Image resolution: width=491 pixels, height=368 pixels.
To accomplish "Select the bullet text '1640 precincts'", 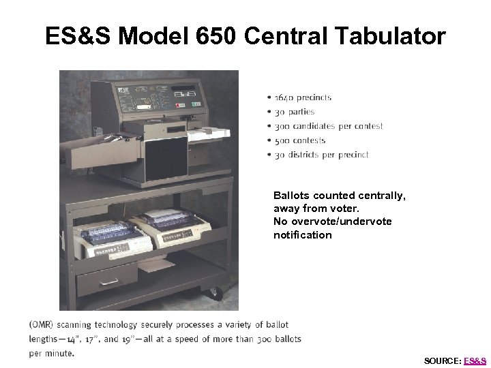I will tap(303, 97).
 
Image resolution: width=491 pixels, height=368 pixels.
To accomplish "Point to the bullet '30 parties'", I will tap(295, 112).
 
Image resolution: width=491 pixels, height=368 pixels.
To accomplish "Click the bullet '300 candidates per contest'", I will tap(329, 126).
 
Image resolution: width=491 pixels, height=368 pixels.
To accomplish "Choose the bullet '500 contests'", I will tap(300, 140).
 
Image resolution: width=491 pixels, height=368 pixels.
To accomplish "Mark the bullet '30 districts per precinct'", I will tap(322, 155).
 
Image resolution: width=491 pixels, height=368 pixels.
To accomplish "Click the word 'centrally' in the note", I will tap(383, 196).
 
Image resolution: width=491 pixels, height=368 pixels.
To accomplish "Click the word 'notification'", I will tap(303, 235).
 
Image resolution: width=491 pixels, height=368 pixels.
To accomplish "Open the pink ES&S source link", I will tap(475, 361).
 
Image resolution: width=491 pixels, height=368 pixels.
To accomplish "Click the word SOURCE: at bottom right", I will tap(442, 361).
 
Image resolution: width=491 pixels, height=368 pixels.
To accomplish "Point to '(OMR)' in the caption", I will tap(42, 325).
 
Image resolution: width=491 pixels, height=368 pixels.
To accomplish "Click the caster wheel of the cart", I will tap(215, 293).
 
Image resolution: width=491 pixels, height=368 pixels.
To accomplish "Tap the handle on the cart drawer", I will tap(109, 281).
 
